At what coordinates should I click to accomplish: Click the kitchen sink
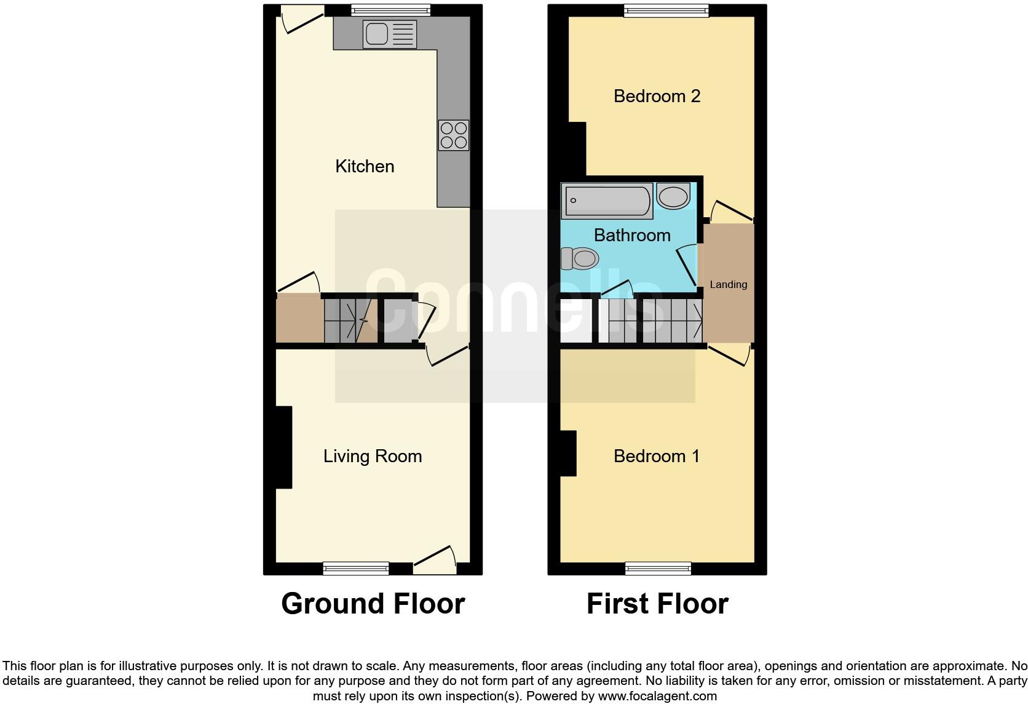click(390, 34)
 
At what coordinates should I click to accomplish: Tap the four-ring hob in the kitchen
click(454, 135)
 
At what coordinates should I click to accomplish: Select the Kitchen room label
click(365, 166)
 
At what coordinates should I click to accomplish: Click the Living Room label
click(373, 456)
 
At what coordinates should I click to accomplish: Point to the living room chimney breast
click(283, 447)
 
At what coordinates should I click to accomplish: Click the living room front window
click(356, 568)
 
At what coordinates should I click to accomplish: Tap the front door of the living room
click(435, 559)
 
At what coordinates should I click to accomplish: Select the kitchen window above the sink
click(390, 10)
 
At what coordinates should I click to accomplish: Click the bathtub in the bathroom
click(607, 201)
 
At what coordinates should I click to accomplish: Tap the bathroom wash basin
click(673, 196)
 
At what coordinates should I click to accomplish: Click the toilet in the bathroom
click(580, 258)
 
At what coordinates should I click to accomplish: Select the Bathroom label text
click(632, 235)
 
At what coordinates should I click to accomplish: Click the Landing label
click(729, 284)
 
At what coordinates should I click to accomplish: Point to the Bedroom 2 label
click(657, 96)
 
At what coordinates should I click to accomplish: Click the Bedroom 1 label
click(657, 456)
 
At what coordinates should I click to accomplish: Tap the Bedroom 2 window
click(666, 10)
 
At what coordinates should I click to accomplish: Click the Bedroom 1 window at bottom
click(658, 568)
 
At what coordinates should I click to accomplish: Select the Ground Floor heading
click(373, 604)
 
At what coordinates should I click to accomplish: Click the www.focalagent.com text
click(657, 697)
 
